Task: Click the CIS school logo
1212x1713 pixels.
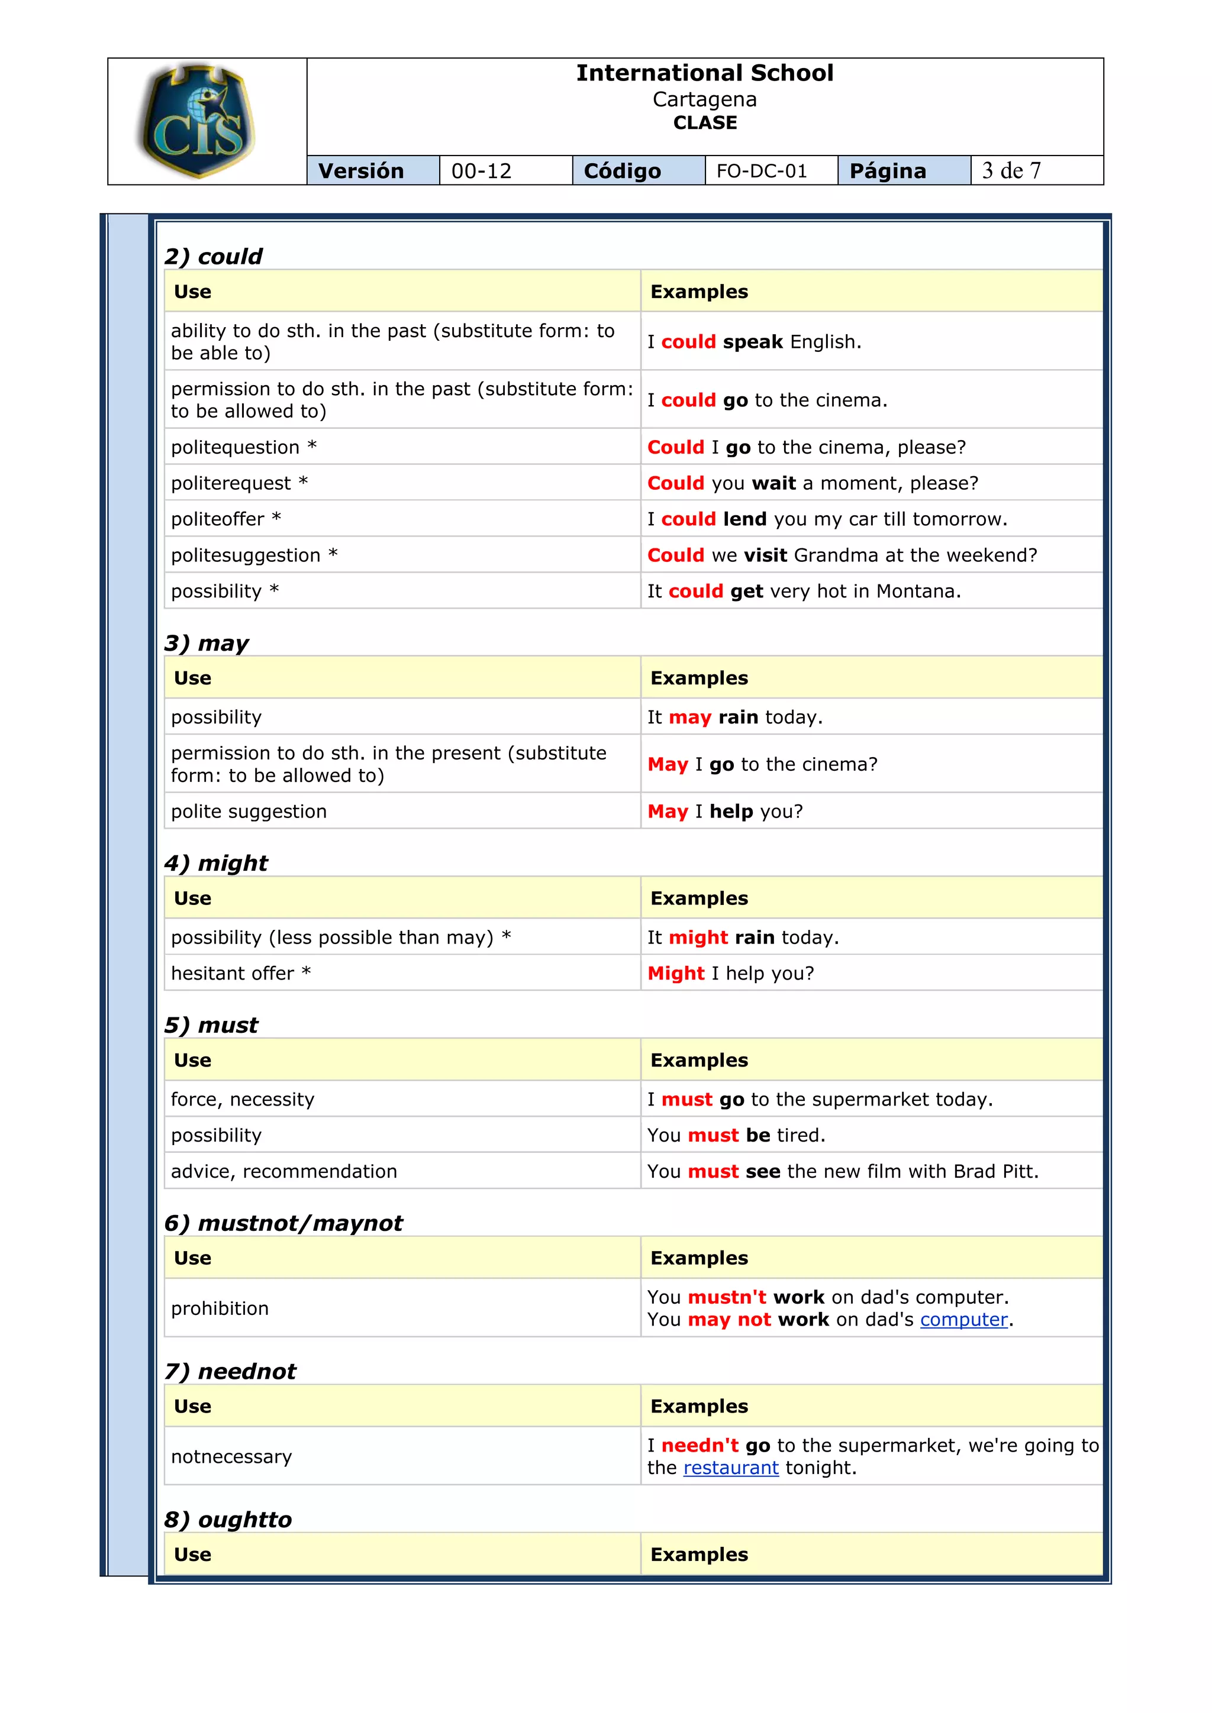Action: (198, 121)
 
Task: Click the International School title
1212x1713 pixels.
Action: (704, 73)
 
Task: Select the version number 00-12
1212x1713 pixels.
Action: (481, 171)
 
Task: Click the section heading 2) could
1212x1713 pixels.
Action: (214, 256)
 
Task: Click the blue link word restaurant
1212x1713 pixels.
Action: (731, 1468)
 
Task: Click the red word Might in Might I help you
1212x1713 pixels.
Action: (675, 973)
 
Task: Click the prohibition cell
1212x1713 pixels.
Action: (220, 1308)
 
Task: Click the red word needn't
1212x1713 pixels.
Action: (700, 1445)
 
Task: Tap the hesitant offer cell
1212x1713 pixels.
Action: (240, 973)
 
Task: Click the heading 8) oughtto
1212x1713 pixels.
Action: (228, 1519)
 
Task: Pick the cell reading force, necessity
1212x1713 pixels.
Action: (243, 1099)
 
